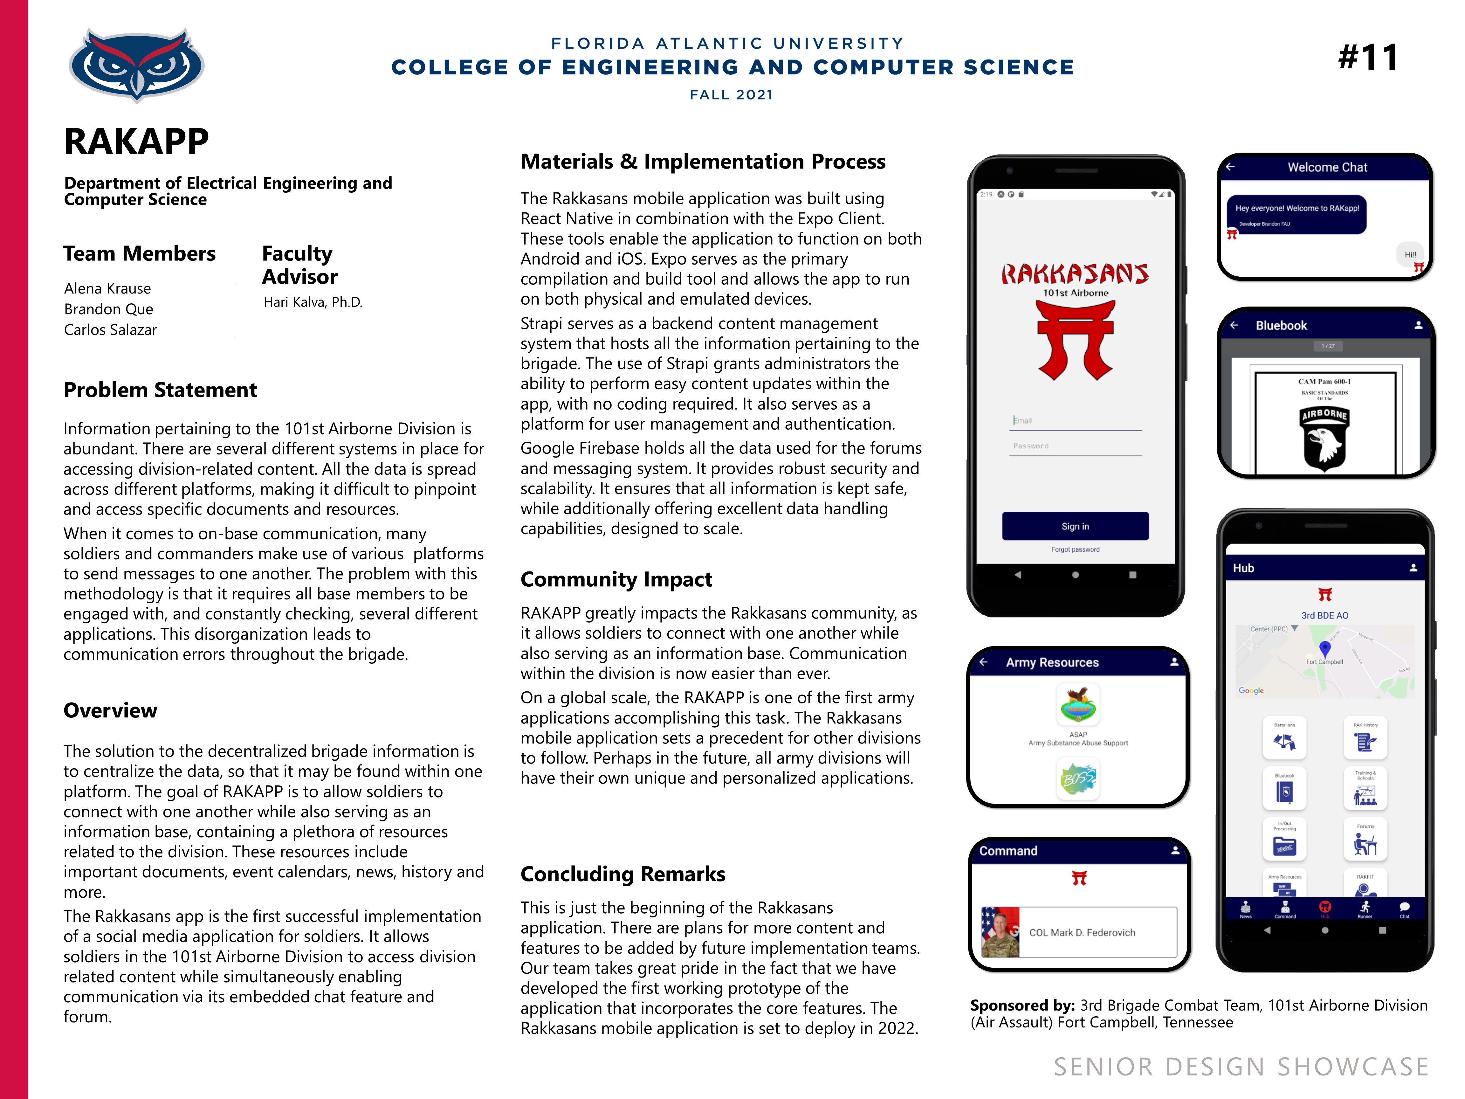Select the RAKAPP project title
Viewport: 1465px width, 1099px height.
tap(136, 142)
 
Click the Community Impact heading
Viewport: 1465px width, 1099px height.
tap(616, 580)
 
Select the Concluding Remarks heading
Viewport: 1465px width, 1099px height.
tap(622, 874)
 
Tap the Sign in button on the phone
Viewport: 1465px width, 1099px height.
tap(1075, 526)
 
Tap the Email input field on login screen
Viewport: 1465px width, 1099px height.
tap(1075, 421)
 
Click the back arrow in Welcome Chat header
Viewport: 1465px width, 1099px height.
tap(1231, 167)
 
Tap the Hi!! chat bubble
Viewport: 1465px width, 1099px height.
tap(1410, 254)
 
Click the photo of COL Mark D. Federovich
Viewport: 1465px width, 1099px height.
tap(1000, 932)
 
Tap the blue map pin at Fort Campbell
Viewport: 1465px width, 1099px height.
tap(1324, 648)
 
